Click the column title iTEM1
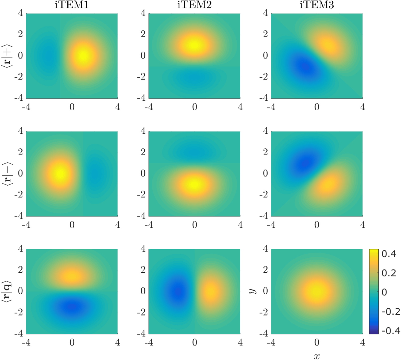(72, 5)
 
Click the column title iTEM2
(194, 5)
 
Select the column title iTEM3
(317, 5)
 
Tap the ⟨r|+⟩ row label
(7, 56)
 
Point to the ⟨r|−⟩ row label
(7, 174)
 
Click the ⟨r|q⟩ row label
(7, 291)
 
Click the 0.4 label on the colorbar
(389, 254)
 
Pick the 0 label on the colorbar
(384, 292)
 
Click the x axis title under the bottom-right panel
(317, 356)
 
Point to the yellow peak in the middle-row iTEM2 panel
(195, 184)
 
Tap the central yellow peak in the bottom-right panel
(317, 291)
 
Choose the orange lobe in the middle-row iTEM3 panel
(328, 184)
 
